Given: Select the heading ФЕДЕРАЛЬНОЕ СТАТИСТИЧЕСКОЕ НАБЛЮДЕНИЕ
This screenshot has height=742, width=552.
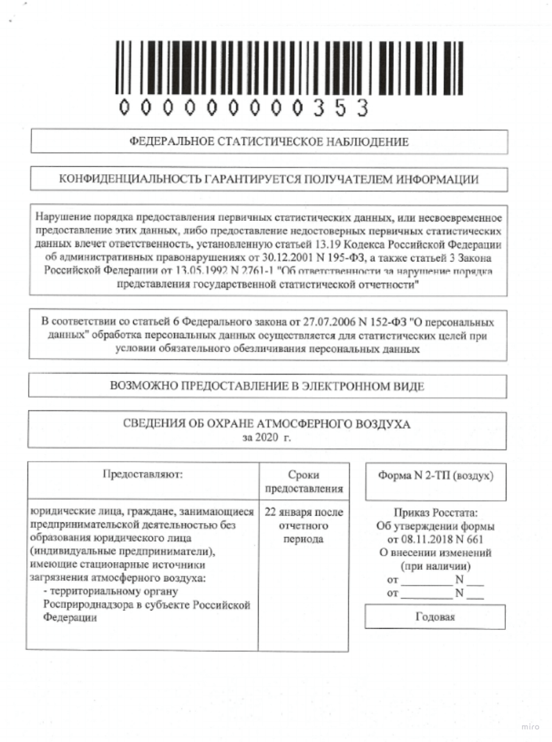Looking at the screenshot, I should [x=269, y=142].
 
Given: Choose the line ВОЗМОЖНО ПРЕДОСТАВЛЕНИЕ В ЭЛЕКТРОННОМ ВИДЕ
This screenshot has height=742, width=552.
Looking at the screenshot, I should [x=268, y=386].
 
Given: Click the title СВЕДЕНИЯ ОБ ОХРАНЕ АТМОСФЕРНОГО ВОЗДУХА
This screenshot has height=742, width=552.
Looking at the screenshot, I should [x=266, y=424].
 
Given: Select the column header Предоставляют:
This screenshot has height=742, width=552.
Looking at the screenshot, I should [x=143, y=476].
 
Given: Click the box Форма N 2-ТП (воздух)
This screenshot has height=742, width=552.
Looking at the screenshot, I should [x=435, y=476].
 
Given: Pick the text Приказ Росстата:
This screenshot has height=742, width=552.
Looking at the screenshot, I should [x=435, y=513].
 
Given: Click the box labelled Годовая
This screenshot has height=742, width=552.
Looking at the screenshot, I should [x=435, y=617].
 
